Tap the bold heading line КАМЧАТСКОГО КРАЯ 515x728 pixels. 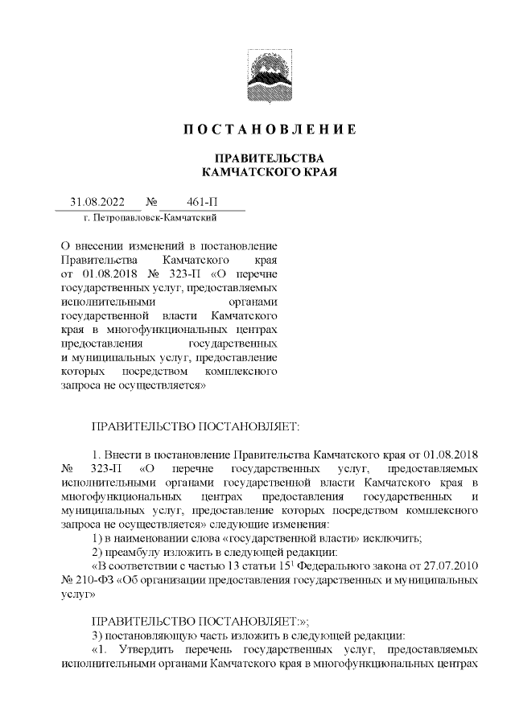click(x=268, y=172)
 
